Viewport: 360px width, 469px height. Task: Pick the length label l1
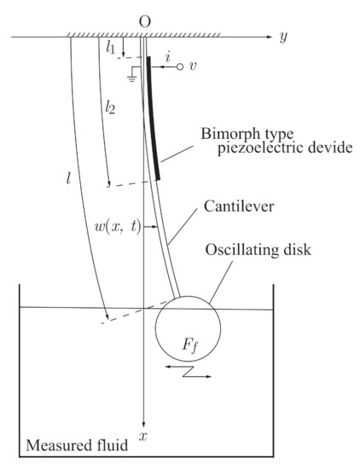[112, 49]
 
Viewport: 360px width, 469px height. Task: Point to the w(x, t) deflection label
[119, 228]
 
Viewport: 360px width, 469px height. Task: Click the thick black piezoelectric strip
[153, 119]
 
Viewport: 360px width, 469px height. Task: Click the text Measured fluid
[73, 446]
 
